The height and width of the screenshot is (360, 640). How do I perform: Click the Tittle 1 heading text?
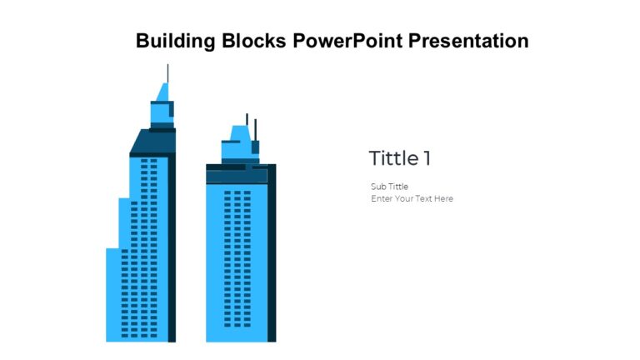(400, 158)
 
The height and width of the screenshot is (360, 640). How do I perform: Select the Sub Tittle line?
(389, 187)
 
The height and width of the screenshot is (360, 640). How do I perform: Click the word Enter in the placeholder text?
(382, 199)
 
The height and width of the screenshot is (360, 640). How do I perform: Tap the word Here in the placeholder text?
(442, 199)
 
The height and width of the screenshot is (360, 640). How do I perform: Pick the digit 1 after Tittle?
(427, 158)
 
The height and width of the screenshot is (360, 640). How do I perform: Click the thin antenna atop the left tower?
(167, 73)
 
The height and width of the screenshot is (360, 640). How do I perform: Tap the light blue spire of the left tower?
(163, 92)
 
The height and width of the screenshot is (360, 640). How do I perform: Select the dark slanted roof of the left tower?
(152, 142)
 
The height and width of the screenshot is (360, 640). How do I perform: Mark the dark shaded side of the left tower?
(172, 250)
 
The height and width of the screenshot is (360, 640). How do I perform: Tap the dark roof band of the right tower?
(237, 173)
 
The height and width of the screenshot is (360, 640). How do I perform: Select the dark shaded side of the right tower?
(272, 258)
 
